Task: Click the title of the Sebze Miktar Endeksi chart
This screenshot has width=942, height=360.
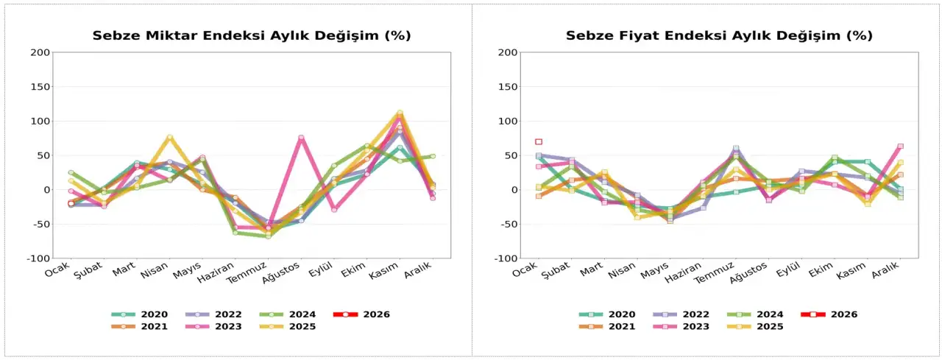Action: [251, 35]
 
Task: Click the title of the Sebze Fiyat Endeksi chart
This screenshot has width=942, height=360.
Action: [719, 35]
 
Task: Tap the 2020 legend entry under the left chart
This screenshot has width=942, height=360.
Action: [140, 314]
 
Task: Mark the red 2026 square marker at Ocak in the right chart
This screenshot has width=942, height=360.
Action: [539, 141]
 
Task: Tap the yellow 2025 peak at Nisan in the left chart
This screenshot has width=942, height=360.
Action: [169, 137]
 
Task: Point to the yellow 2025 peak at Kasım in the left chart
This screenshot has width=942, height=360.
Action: [400, 113]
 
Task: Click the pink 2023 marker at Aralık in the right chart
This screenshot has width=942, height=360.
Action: [900, 146]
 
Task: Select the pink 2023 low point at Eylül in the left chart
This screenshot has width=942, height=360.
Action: [333, 210]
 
